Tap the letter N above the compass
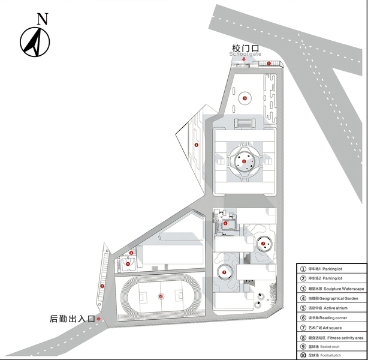click(42, 18)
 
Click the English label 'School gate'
click(245, 54)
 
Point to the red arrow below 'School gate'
click(243, 59)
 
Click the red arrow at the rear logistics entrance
click(106, 319)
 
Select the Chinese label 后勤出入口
click(73, 319)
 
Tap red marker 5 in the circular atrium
click(244, 161)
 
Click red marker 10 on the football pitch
click(161, 296)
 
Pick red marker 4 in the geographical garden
click(196, 145)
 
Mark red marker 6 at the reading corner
click(225, 223)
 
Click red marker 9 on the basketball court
click(128, 263)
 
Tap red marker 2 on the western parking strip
click(102, 286)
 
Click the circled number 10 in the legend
click(303, 356)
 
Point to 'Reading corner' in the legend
click(331, 317)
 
